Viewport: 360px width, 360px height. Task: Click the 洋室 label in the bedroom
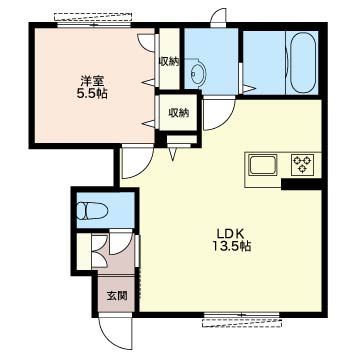tap(92, 81)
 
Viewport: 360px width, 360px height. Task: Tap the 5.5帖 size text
tap(92, 94)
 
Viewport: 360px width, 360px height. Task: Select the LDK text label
tap(232, 233)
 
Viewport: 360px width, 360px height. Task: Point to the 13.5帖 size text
tap(232, 246)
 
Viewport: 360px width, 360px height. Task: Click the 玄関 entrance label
tap(117, 295)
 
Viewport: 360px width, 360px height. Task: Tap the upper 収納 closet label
tap(170, 62)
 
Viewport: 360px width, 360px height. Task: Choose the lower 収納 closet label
tap(178, 113)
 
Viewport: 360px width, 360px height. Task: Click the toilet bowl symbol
tap(91, 211)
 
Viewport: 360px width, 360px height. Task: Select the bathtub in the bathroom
tap(303, 63)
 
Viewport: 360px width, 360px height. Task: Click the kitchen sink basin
tap(263, 165)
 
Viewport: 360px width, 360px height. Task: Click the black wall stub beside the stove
tap(302, 184)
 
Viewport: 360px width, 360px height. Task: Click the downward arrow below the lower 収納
tap(173, 154)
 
